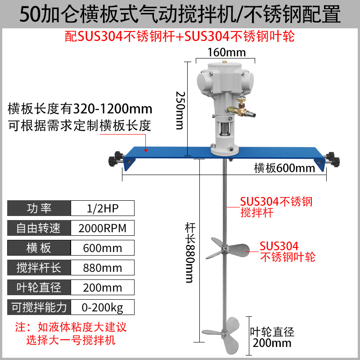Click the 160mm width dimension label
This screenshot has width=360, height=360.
click(226, 52)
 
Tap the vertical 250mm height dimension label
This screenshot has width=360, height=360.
click(180, 110)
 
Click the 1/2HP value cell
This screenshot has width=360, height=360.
click(103, 208)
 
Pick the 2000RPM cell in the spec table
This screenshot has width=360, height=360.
click(103, 228)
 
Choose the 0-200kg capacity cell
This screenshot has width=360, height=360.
click(103, 307)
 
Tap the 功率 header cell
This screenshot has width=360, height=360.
click(39, 208)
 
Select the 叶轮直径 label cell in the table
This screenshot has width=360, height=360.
click(39, 288)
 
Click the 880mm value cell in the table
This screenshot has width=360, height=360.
click(103, 268)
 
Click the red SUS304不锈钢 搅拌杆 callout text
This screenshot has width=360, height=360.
click(276, 207)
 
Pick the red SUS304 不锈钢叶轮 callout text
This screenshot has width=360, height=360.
click(287, 251)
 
